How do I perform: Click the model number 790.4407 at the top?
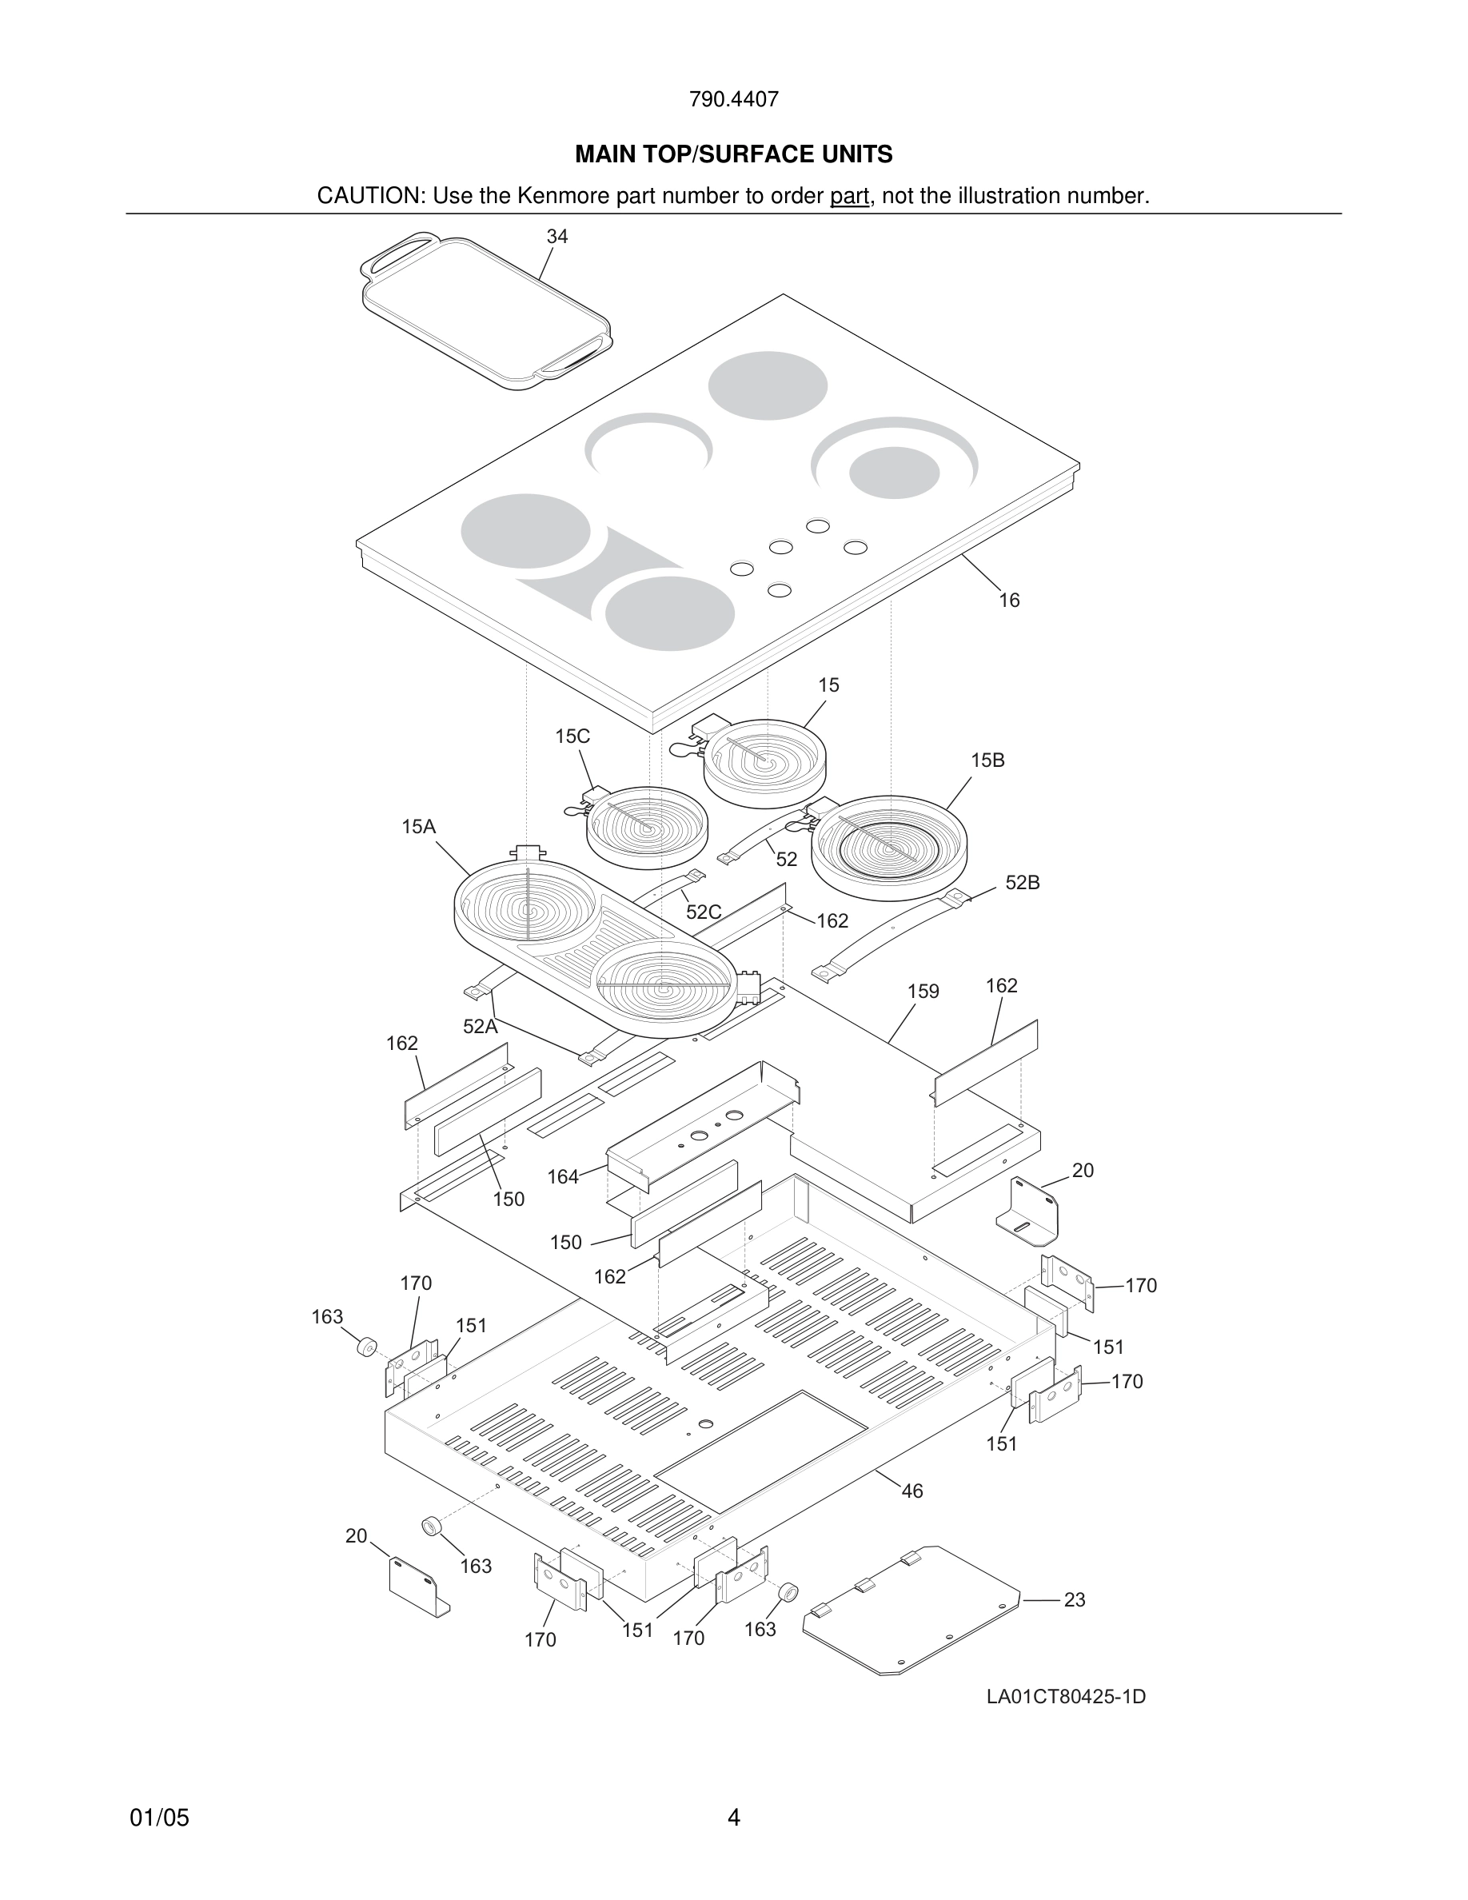pyautogui.click(x=733, y=100)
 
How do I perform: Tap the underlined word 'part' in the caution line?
pyautogui.click(x=849, y=197)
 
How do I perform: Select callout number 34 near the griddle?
pyautogui.click(x=556, y=237)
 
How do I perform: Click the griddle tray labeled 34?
pyautogui.click(x=485, y=313)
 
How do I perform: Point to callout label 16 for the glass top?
pyautogui.click(x=1009, y=601)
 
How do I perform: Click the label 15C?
pyautogui.click(x=572, y=736)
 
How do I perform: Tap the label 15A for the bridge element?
pyautogui.click(x=418, y=828)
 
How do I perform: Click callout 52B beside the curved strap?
pyautogui.click(x=1023, y=883)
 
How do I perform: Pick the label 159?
pyautogui.click(x=923, y=992)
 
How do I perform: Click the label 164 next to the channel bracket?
pyautogui.click(x=563, y=1177)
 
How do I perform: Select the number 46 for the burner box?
pyautogui.click(x=912, y=1491)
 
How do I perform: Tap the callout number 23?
pyautogui.click(x=1074, y=1600)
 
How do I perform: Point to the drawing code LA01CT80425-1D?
pyautogui.click(x=1065, y=1696)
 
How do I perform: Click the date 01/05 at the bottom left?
pyautogui.click(x=159, y=1818)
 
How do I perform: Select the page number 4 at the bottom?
pyautogui.click(x=733, y=1818)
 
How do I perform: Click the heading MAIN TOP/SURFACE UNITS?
pyautogui.click(x=733, y=155)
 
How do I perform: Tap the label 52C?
pyautogui.click(x=703, y=912)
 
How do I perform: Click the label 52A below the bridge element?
pyautogui.click(x=480, y=1027)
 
